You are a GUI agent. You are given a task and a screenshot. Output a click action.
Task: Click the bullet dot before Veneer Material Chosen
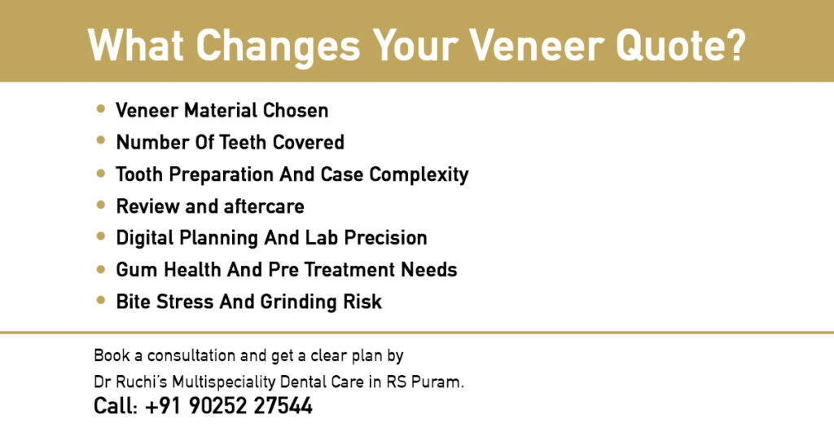(100, 108)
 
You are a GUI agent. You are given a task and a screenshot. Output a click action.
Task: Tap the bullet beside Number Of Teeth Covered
(100, 140)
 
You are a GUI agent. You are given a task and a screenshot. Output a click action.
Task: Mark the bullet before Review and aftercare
(100, 205)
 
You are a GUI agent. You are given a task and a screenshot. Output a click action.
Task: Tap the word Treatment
(339, 270)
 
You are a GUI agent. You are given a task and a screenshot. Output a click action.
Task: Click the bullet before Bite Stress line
(100, 300)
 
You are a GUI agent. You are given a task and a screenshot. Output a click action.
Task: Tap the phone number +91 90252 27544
(229, 406)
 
